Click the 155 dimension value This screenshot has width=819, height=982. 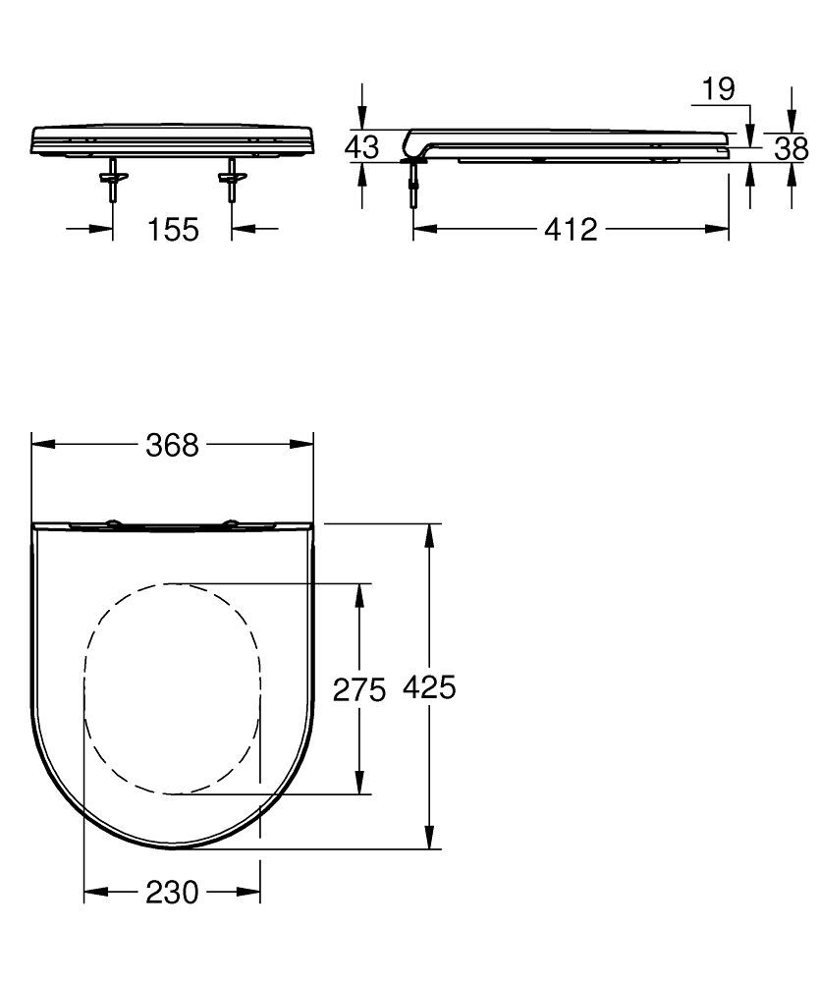[x=173, y=230]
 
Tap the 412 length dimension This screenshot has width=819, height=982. [x=571, y=230]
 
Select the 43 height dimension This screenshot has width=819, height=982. [x=362, y=147]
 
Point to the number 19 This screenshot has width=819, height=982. [x=718, y=89]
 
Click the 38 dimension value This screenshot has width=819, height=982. [x=791, y=149]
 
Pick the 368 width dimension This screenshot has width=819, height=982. [x=172, y=445]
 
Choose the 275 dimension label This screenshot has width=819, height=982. [x=359, y=690]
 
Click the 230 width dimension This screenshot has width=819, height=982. [x=172, y=893]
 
